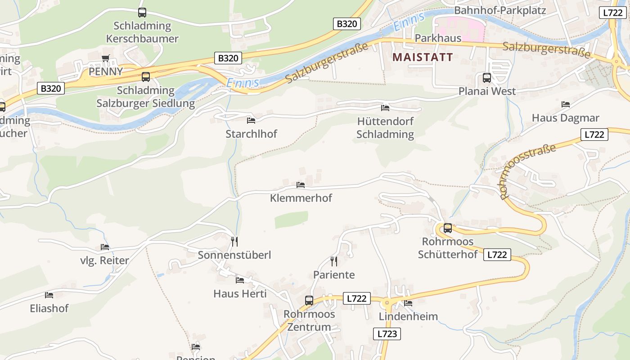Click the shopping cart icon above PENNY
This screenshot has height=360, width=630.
click(x=106, y=58)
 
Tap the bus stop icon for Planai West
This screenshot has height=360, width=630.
click(x=486, y=77)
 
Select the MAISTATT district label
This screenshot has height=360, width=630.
click(x=423, y=57)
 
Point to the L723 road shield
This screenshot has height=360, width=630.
click(x=387, y=333)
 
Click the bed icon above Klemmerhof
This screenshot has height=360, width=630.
click(x=301, y=184)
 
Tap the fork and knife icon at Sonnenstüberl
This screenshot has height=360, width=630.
click(x=234, y=242)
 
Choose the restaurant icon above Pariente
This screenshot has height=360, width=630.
click(x=333, y=261)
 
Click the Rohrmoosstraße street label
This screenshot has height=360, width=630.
click(x=527, y=171)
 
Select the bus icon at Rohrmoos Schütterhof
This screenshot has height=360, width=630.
click(x=447, y=228)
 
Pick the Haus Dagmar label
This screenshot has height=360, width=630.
click(x=565, y=118)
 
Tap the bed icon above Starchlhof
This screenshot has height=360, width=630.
click(x=251, y=120)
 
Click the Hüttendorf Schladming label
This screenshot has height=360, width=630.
click(x=385, y=128)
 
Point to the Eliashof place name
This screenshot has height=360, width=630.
click(x=49, y=309)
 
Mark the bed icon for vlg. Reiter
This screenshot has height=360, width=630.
click(x=105, y=247)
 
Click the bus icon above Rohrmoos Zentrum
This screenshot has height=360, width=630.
click(x=309, y=300)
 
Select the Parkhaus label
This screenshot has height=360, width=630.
click(x=438, y=38)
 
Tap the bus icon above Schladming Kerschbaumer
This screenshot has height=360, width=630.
click(x=142, y=13)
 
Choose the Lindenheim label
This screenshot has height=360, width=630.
click(x=408, y=316)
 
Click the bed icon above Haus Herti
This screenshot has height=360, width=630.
click(x=240, y=280)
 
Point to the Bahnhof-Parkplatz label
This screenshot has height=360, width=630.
click(x=500, y=10)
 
